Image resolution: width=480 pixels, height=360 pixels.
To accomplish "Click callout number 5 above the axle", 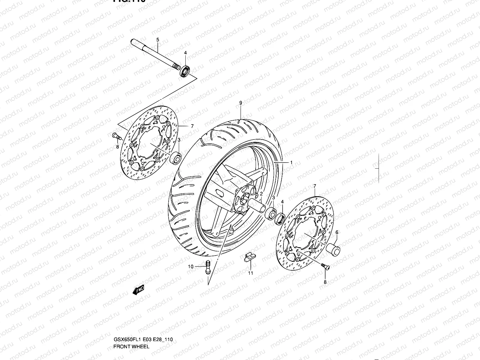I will point(157,40).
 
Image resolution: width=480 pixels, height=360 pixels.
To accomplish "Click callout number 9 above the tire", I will point(241,103).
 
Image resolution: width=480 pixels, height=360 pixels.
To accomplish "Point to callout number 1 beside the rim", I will point(291,162).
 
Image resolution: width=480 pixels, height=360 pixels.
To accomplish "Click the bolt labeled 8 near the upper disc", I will point(116,137).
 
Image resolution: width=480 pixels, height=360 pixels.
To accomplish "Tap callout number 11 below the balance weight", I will point(250,273).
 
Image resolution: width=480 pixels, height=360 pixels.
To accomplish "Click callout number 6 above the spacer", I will point(337,232).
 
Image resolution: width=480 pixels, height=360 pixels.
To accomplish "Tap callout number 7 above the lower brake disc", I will point(314,186).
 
